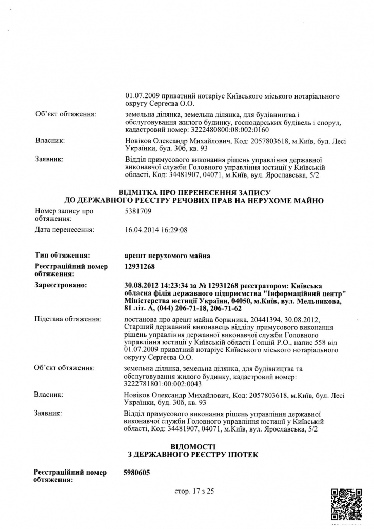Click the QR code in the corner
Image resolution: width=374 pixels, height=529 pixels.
pos(347,504)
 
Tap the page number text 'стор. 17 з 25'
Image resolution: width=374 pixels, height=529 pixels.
pos(194,491)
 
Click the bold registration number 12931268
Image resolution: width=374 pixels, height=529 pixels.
pos(139,267)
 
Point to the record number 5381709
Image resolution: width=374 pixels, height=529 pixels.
pos(138,211)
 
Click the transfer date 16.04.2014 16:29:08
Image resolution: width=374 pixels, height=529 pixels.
pos(156,230)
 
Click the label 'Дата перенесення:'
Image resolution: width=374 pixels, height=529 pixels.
pos(64,230)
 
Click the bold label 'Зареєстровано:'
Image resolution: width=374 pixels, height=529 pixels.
pos(61,284)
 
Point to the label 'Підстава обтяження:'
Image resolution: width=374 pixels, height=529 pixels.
pos(67,319)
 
